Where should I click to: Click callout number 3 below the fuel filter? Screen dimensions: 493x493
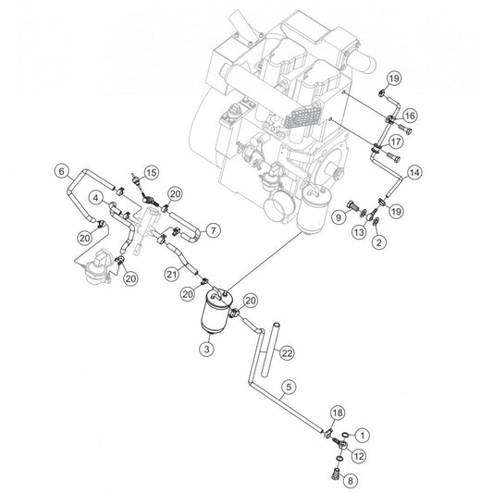click(x=206, y=349)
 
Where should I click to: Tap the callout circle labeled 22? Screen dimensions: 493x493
click(x=287, y=353)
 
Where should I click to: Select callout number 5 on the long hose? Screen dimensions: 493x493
click(x=289, y=388)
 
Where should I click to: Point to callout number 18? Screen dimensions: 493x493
click(x=338, y=413)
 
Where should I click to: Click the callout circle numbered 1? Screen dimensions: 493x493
click(x=363, y=436)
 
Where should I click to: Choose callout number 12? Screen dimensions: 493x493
click(x=359, y=456)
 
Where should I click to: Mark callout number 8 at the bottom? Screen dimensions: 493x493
click(x=351, y=480)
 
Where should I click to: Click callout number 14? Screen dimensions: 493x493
click(x=414, y=173)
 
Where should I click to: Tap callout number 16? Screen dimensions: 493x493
click(x=410, y=116)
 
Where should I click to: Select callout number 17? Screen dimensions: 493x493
click(x=396, y=142)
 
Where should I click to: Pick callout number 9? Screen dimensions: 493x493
click(x=339, y=217)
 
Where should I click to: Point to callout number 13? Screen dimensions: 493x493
click(x=359, y=232)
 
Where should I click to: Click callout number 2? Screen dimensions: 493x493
click(x=379, y=242)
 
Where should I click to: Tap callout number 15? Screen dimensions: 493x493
click(x=152, y=173)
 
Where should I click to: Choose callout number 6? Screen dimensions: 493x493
click(x=62, y=171)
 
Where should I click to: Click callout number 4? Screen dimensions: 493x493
click(x=96, y=198)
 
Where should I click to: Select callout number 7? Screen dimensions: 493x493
click(x=213, y=230)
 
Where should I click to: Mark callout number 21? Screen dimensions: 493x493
click(x=172, y=275)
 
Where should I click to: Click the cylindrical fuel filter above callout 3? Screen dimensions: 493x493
click(x=216, y=311)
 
